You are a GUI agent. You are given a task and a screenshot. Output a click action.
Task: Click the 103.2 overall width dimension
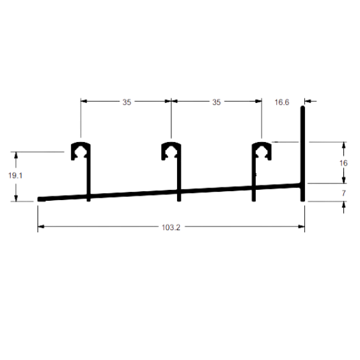coord(171,228)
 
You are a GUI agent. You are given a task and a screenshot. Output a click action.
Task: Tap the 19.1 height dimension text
coord(15,176)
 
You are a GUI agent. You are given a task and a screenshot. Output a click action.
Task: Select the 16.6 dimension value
coord(282,102)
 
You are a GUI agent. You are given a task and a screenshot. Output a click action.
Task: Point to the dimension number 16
coord(343,163)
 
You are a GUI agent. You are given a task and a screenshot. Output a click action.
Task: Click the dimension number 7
coord(343,193)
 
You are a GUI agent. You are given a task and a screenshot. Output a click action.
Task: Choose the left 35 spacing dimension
coord(127,102)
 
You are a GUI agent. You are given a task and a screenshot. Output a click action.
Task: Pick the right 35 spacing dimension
coord(216,102)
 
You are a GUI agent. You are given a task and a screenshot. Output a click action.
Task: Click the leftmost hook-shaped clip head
coord(81,151)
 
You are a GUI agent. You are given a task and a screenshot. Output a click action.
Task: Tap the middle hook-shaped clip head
coord(171,151)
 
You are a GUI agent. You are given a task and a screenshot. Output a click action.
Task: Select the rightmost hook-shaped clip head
coord(262,151)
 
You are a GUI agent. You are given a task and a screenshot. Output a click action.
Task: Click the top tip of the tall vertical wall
coord(302,107)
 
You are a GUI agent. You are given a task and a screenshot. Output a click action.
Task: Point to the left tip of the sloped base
coord(38,199)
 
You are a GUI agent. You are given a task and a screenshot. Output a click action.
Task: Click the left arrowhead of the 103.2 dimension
coord(41,226)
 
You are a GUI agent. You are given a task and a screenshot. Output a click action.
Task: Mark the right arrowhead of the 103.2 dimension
coord(301,226)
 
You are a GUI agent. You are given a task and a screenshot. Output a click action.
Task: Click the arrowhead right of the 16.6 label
coord(308,101)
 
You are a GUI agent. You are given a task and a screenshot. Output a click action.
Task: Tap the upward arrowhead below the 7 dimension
coord(343,205)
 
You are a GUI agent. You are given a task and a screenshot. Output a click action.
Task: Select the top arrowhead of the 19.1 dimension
coord(16,155)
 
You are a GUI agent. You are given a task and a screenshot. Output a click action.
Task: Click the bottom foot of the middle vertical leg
coord(179,200)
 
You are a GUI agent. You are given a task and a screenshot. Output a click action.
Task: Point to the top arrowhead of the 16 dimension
coord(343,145)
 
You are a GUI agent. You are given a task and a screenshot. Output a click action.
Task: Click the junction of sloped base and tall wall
coord(302,185)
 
